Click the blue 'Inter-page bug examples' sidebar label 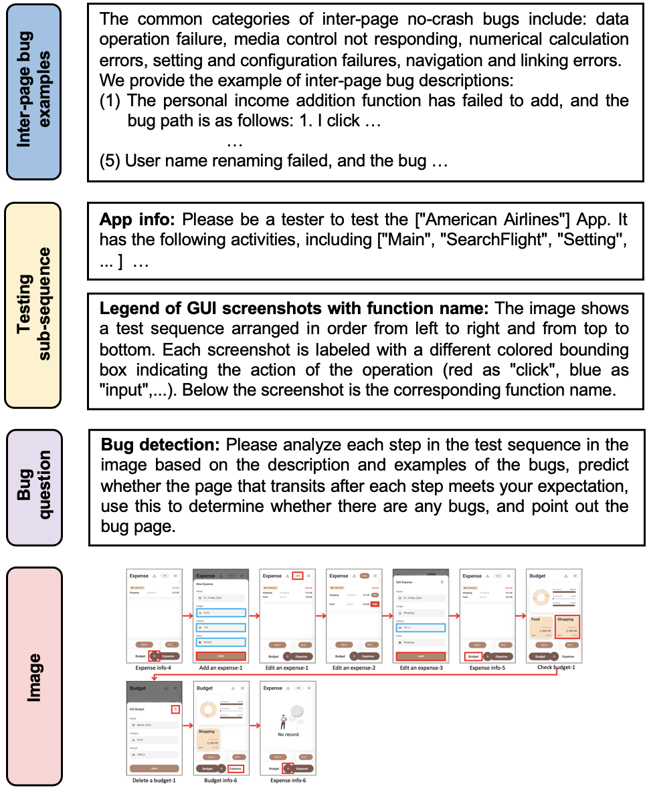33,92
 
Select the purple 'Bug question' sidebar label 33,487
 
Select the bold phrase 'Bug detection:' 161,444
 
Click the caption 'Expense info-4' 153,667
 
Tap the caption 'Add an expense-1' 219,667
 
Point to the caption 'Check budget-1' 555,667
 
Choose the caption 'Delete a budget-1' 153,779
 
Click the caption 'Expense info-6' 288,779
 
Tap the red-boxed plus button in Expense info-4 154,656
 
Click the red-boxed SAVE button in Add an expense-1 221,656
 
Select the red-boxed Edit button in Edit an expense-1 298,575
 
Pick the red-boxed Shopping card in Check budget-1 568,626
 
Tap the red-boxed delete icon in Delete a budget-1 175,709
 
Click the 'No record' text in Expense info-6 288,734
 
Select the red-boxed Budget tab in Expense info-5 473,656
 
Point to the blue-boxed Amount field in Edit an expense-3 421,628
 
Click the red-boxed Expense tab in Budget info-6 236,769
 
